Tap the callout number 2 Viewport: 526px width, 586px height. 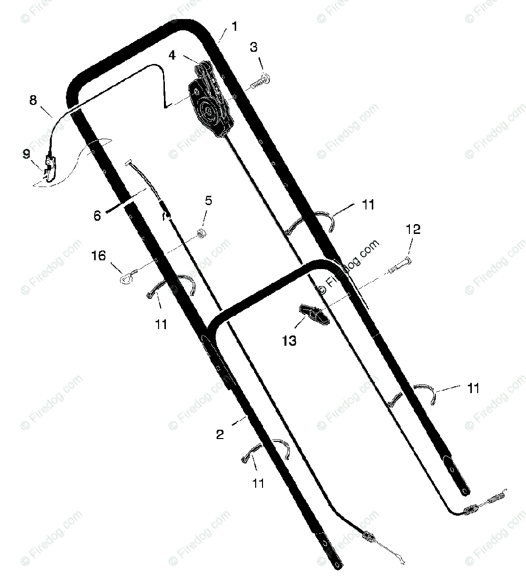(220, 434)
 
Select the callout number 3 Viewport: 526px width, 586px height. (254, 48)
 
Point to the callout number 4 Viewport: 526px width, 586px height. (172, 55)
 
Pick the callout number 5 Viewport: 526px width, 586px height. (208, 200)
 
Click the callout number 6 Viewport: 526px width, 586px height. (97, 215)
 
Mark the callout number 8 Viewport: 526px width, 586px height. (33, 101)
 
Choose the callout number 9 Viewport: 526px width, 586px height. (26, 154)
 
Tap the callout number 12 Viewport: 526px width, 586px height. (413, 230)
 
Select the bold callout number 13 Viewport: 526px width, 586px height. (289, 340)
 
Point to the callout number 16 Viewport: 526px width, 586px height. (99, 255)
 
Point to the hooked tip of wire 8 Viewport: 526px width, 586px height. (166, 105)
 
